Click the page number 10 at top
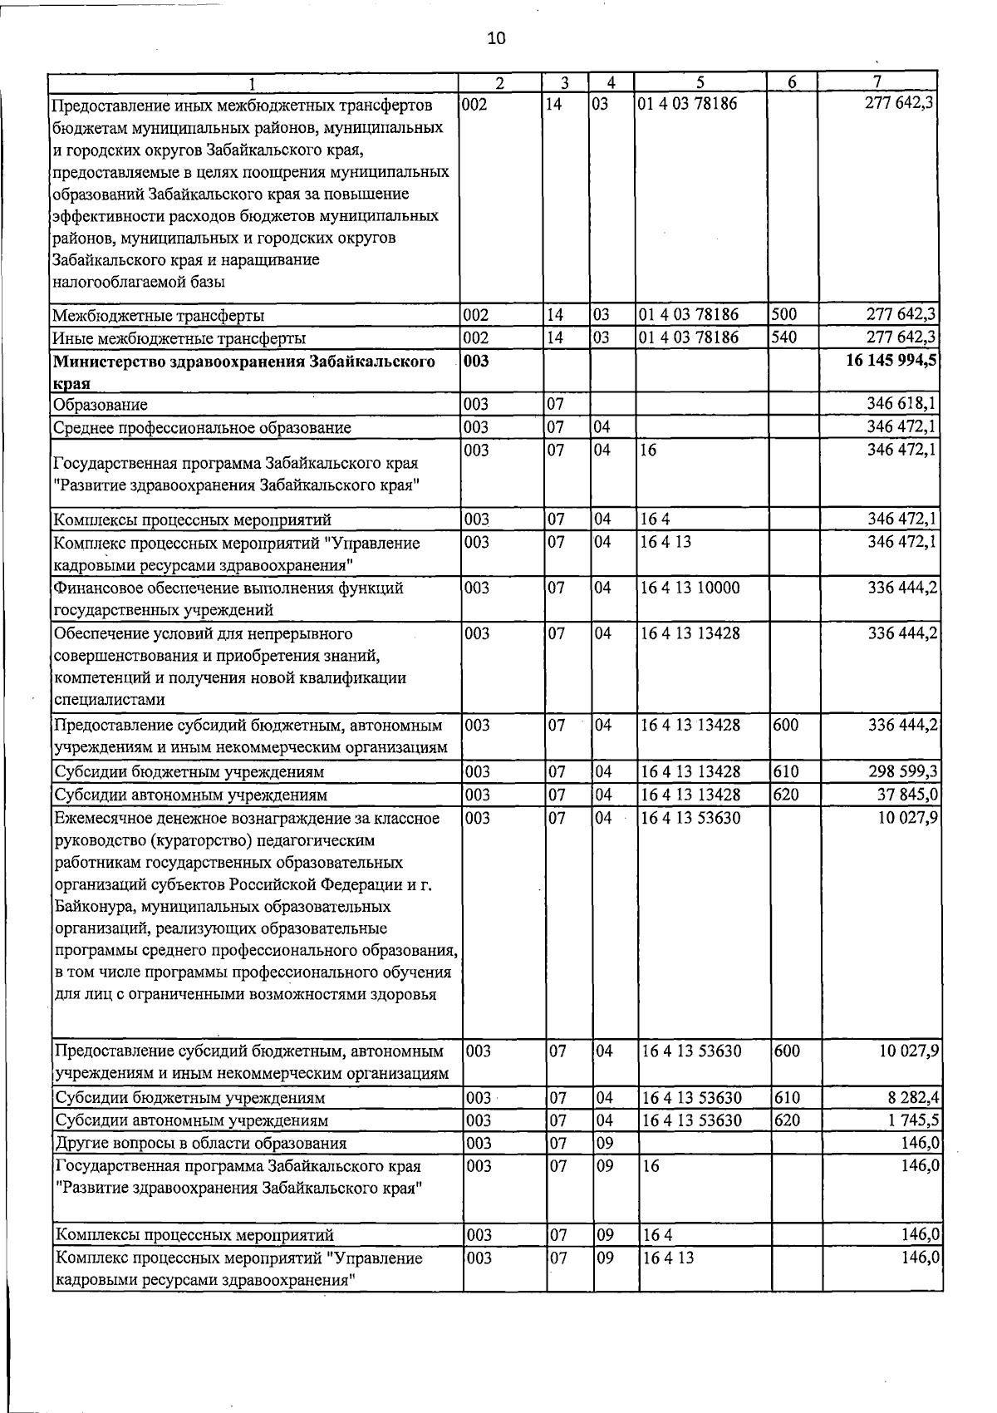tap(496, 38)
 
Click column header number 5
tap(700, 82)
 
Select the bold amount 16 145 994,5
tap(892, 362)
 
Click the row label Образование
tap(101, 405)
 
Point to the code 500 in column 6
tap(785, 315)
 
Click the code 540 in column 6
tap(785, 337)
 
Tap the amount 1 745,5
tap(912, 1120)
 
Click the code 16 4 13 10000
tap(690, 588)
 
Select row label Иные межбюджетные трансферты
tap(179, 338)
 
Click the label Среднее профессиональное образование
tap(202, 428)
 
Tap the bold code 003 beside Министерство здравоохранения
tap(477, 362)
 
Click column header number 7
tap(877, 82)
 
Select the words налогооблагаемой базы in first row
tap(138, 282)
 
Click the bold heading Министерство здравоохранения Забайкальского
tap(243, 362)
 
